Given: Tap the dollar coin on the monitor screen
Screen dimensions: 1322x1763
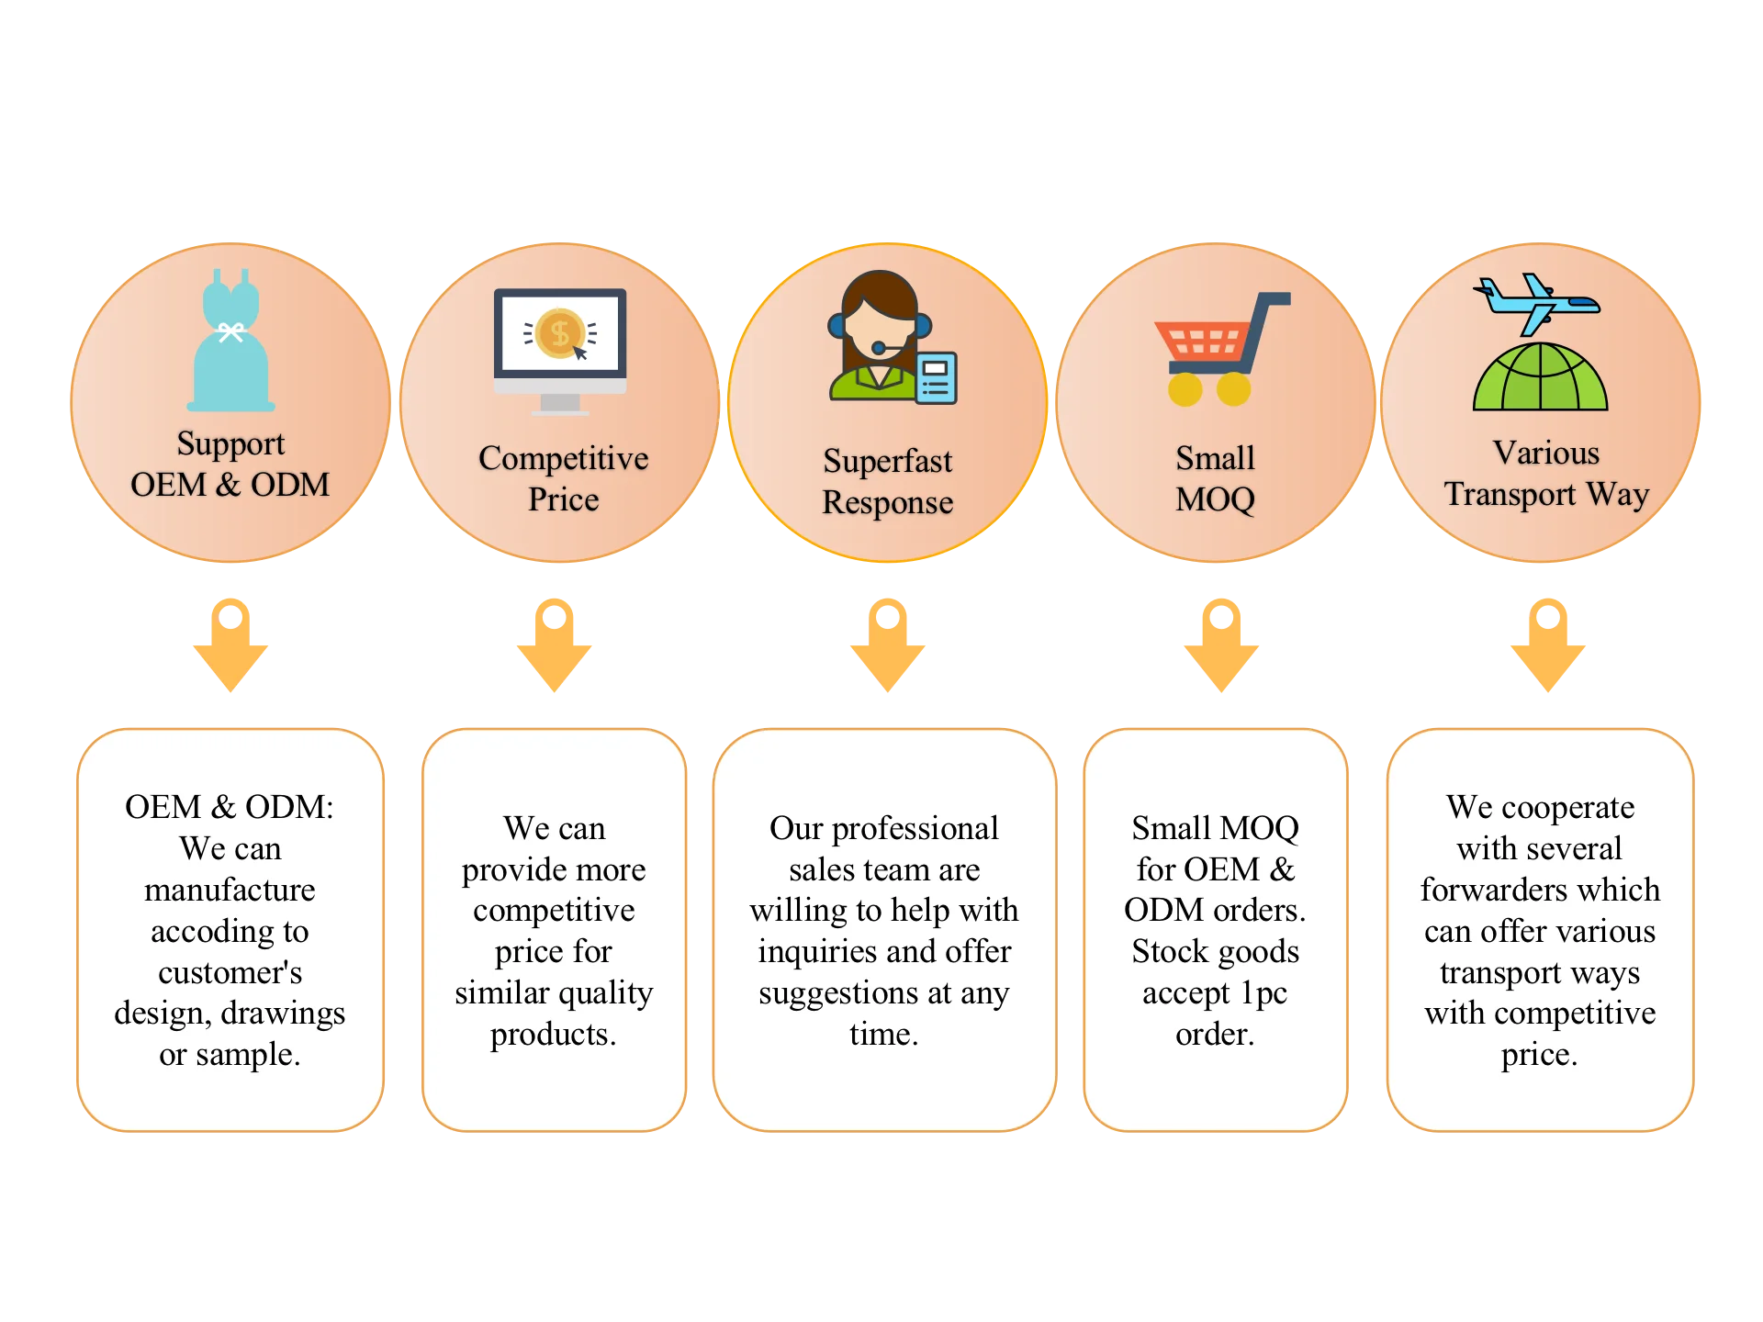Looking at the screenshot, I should tap(559, 332).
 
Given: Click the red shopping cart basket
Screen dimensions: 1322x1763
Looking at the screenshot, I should tap(1204, 342).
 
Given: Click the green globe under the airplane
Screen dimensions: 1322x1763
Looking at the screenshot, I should tap(1540, 377).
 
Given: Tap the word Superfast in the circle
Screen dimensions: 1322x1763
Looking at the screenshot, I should tap(887, 461).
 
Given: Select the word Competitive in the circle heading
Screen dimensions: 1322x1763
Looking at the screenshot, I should tap(563, 458).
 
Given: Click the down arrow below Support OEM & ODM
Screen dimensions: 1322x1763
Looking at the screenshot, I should tap(230, 645).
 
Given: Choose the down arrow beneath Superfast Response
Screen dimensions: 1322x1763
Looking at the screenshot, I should tap(888, 645).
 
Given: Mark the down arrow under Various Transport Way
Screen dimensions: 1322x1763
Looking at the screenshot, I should tap(1547, 645).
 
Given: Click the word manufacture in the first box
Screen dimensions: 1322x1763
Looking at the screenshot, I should tap(230, 890).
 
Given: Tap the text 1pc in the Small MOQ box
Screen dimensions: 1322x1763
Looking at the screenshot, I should tap(1263, 992).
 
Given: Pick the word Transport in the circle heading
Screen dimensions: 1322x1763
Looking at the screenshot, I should tap(1510, 494).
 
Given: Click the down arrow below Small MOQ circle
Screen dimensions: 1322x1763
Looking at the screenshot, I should tap(1221, 645).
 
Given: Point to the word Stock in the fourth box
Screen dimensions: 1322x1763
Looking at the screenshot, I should tap(1166, 951).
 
